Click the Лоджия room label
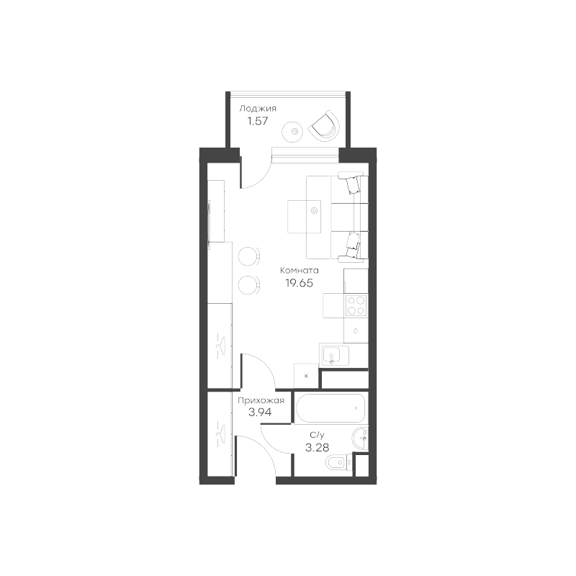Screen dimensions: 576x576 point(257,109)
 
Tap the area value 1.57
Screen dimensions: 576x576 point(257,121)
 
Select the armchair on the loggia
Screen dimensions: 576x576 point(323,126)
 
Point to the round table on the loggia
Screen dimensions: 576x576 point(294,131)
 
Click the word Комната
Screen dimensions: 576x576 point(299,271)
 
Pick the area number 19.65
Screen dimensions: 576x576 point(299,284)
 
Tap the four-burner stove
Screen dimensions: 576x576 point(355,306)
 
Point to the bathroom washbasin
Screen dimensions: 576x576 point(361,436)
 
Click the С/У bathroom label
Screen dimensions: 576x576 point(317,435)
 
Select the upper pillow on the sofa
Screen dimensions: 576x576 point(352,184)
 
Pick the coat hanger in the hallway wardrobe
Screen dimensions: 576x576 point(221,434)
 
